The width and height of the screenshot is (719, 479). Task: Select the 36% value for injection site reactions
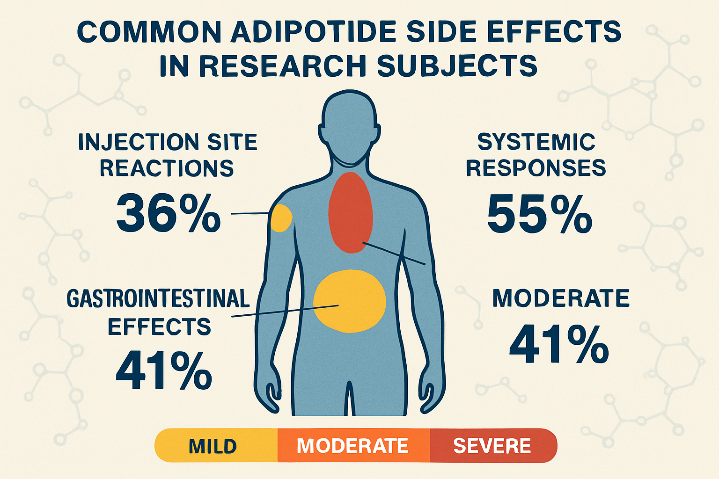168,213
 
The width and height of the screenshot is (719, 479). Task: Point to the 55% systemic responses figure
539,214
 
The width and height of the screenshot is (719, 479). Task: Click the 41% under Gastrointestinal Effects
164,371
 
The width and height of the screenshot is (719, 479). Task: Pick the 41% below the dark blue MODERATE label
559,345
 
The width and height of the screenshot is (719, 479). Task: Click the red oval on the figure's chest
350,213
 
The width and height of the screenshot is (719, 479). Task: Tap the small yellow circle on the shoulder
281,218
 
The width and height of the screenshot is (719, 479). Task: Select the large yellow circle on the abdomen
349,301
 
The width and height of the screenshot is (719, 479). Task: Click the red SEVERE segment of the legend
492,446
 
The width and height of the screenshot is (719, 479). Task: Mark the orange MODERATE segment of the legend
353,446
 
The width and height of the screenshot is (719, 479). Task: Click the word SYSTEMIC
536,142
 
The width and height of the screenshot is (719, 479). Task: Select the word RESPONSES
536,168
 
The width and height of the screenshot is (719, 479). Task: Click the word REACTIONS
167,168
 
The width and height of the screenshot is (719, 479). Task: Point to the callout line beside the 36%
250,214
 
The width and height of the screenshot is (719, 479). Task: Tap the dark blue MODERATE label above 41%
561,299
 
